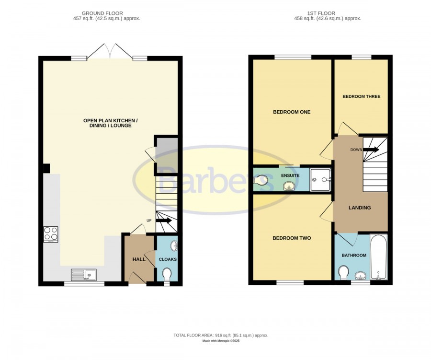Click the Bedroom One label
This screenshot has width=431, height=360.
tap(292, 112)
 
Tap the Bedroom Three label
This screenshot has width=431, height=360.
tap(362, 97)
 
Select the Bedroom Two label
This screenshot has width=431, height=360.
tap(292, 238)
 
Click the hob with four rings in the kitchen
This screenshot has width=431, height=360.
tap(51, 234)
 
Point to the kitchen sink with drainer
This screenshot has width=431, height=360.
tap(83, 274)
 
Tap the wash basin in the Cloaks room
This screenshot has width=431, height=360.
tap(174, 246)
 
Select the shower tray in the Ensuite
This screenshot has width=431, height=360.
tap(320, 180)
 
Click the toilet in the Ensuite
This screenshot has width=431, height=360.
tap(261, 180)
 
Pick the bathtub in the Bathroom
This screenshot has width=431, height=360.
tap(379, 257)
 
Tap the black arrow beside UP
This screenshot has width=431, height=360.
tap(164, 221)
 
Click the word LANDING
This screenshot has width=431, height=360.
tap(360, 208)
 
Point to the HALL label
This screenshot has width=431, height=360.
tap(139, 259)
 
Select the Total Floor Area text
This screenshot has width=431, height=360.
tap(221, 335)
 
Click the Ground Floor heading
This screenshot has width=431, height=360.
tap(102, 13)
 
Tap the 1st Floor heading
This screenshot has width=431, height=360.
tap(321, 13)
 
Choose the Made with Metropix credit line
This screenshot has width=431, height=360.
tap(221, 341)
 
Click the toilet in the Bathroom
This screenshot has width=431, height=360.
tap(343, 272)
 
